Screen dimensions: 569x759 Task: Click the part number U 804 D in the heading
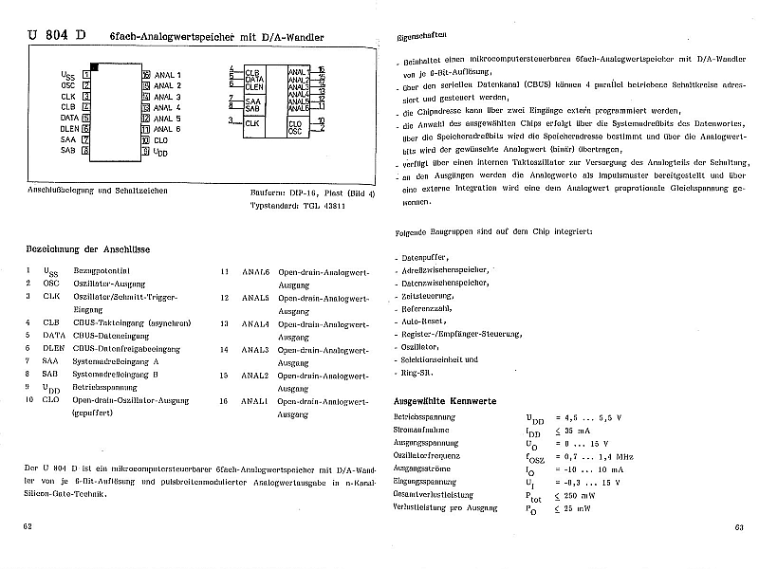58,36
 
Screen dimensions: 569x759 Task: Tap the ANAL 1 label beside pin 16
167,73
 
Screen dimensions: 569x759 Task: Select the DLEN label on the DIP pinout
69,128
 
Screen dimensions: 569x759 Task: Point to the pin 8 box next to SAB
86,150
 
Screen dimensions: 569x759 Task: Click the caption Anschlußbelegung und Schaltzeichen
99,191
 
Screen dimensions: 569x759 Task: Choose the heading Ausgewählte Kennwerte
445,400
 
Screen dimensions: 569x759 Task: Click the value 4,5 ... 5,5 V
593,417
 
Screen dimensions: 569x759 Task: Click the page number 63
739,528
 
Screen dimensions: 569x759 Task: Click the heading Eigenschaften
422,36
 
